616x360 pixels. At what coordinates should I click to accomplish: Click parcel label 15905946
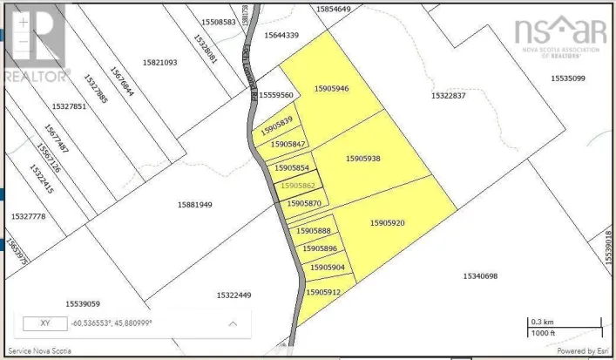331,89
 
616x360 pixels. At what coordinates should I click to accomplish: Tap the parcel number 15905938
363,159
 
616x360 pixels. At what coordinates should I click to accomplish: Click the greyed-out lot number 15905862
297,186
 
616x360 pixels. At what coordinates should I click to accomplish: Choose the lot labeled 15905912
323,292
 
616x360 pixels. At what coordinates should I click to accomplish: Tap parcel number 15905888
313,230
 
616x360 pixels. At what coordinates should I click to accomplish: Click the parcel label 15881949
195,205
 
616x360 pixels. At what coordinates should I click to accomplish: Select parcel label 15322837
449,95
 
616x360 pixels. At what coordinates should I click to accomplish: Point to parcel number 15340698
479,276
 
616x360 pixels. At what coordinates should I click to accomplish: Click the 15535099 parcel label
568,78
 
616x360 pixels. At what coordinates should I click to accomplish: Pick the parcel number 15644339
281,35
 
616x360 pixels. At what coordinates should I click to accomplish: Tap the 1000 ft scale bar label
541,332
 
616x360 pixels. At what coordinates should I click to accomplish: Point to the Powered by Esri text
579,352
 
